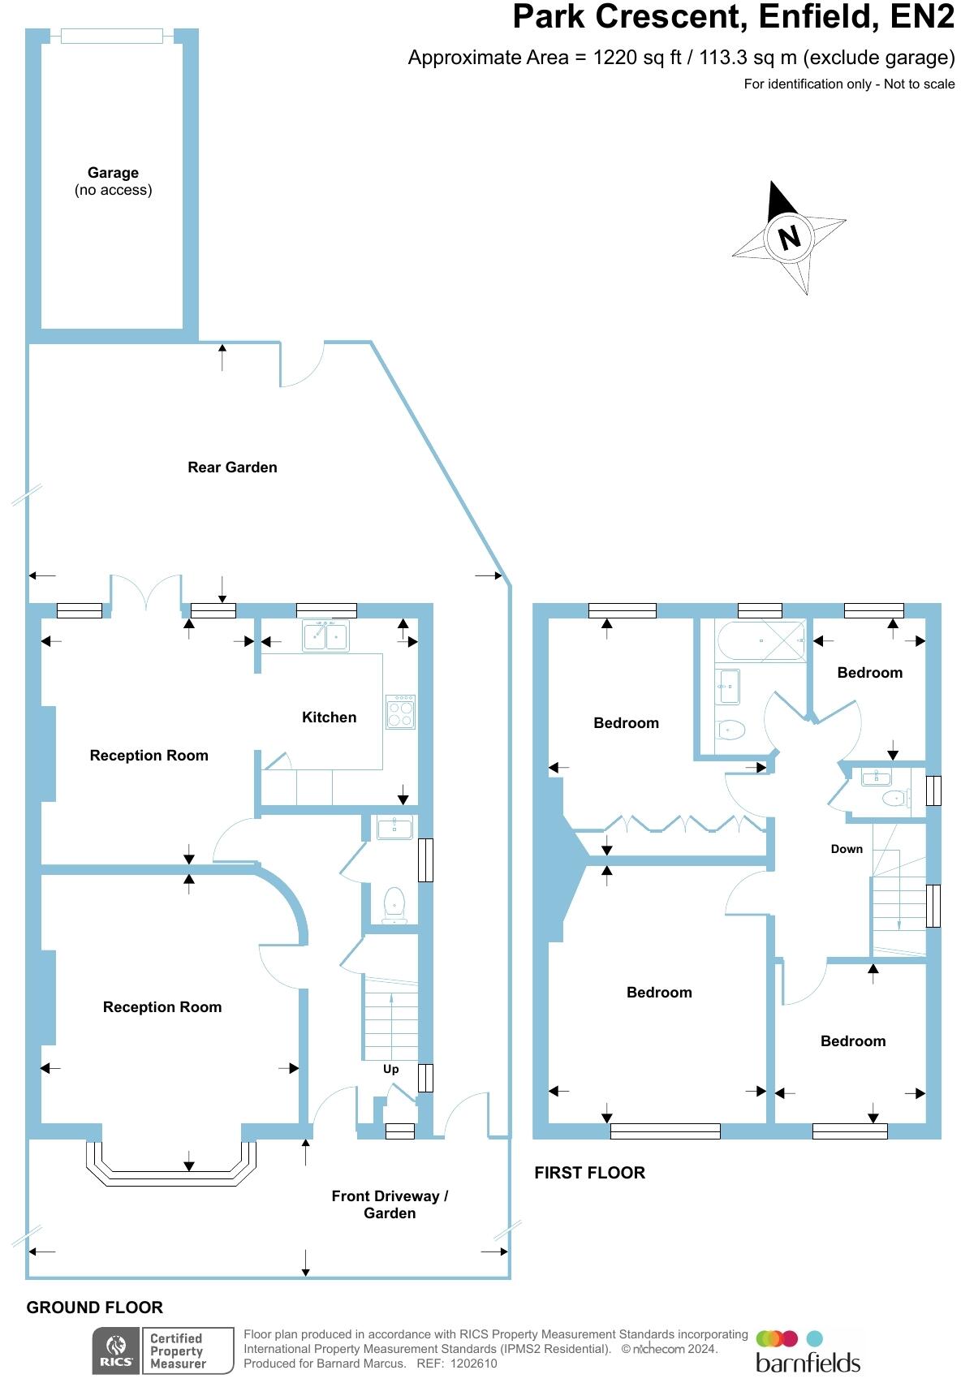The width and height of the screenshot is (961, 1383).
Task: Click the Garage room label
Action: tap(113, 173)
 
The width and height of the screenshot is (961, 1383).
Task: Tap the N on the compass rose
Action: tap(789, 237)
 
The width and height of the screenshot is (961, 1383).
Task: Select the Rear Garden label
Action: tap(232, 467)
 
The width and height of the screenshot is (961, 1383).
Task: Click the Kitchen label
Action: tap(329, 717)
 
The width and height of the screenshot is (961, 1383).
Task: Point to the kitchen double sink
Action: tap(325, 636)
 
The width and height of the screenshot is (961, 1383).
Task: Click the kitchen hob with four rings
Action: tap(400, 712)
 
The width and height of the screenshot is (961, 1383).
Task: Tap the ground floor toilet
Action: tap(394, 904)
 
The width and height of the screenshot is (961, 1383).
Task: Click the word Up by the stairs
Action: tap(391, 1069)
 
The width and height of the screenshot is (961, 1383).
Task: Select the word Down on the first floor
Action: tap(847, 849)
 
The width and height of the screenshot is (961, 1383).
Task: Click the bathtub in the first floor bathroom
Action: tap(761, 641)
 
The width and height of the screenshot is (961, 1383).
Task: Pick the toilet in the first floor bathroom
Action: tap(731, 730)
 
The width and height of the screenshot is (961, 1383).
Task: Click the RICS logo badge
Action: tap(116, 1351)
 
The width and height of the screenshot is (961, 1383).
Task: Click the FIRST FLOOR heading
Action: tap(589, 1173)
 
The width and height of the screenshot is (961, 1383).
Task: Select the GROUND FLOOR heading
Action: tap(95, 1308)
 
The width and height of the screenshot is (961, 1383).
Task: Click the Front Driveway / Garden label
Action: tap(390, 1204)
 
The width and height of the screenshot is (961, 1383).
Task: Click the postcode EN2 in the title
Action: tap(922, 18)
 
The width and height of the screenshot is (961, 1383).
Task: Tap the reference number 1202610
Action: tap(469, 1364)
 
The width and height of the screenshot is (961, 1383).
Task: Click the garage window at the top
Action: tap(112, 36)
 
